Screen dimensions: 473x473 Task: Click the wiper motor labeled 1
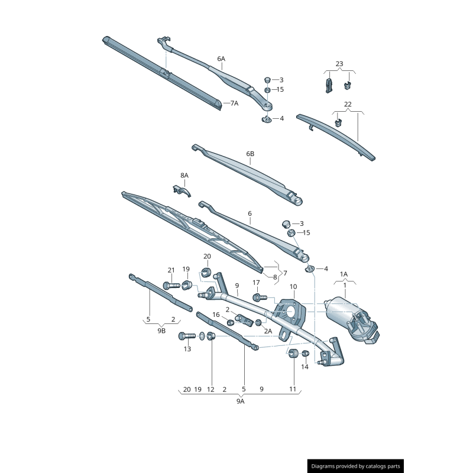pyautogui.click(x=352, y=320)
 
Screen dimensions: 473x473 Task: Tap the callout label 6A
pyautogui.click(x=221, y=59)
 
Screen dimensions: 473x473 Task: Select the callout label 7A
pyautogui.click(x=234, y=103)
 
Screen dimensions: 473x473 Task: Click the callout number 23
pyautogui.click(x=339, y=64)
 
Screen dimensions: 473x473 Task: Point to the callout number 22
pyautogui.click(x=348, y=104)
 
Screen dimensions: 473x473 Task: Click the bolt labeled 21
pyautogui.click(x=171, y=285)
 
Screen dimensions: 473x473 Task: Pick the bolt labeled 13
pyautogui.click(x=187, y=336)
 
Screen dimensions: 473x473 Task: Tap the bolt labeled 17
pyautogui.click(x=260, y=298)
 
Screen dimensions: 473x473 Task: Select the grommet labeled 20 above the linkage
pyautogui.click(x=206, y=272)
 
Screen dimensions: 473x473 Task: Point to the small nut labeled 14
pyautogui.click(x=305, y=353)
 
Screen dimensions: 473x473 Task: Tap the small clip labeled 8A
pyautogui.click(x=182, y=191)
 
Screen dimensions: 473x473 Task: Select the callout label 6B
pyautogui.click(x=250, y=154)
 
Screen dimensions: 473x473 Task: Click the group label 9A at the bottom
pyautogui.click(x=241, y=401)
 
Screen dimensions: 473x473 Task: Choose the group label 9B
pyautogui.click(x=161, y=331)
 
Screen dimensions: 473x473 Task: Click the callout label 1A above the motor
pyautogui.click(x=344, y=274)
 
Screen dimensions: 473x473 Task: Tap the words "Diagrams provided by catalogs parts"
pyautogui.click(x=356, y=466)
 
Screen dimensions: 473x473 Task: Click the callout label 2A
pyautogui.click(x=268, y=331)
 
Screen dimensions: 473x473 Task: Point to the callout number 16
pyautogui.click(x=216, y=315)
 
